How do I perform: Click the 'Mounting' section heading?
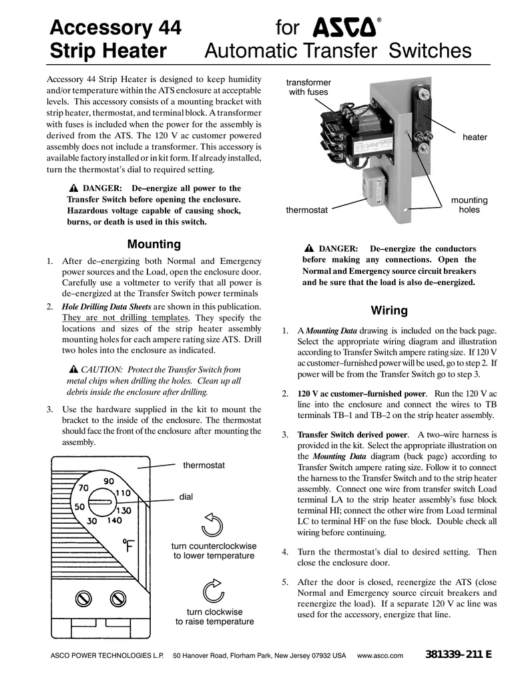(154, 244)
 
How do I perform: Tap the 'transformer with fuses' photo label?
(308, 87)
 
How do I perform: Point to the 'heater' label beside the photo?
(475, 137)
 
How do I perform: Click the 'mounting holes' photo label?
(470, 205)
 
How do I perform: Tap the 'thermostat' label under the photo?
(307, 210)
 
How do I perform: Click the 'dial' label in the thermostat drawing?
(186, 496)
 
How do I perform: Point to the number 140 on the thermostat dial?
(113, 520)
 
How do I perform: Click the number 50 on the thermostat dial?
(79, 506)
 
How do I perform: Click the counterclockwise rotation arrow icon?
(211, 526)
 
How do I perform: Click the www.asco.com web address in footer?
(381, 655)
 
